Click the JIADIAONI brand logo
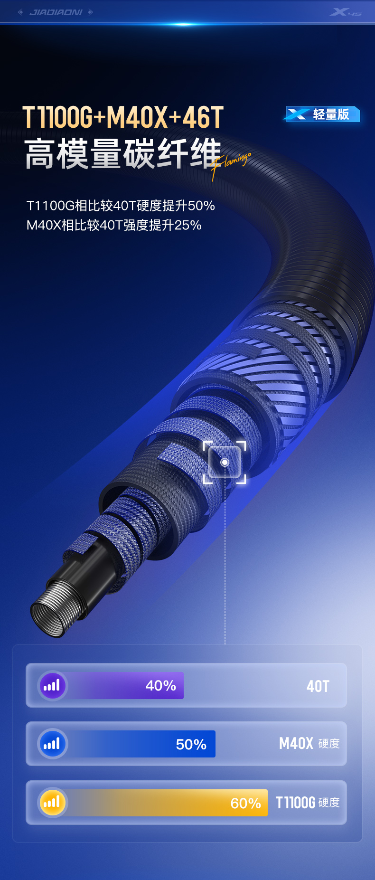point(56,12)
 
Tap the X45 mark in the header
point(346,12)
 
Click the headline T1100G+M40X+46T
point(123,117)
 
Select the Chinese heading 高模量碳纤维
point(123,154)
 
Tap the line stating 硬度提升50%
point(121,206)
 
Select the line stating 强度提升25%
point(114,225)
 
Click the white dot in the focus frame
point(225,462)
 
